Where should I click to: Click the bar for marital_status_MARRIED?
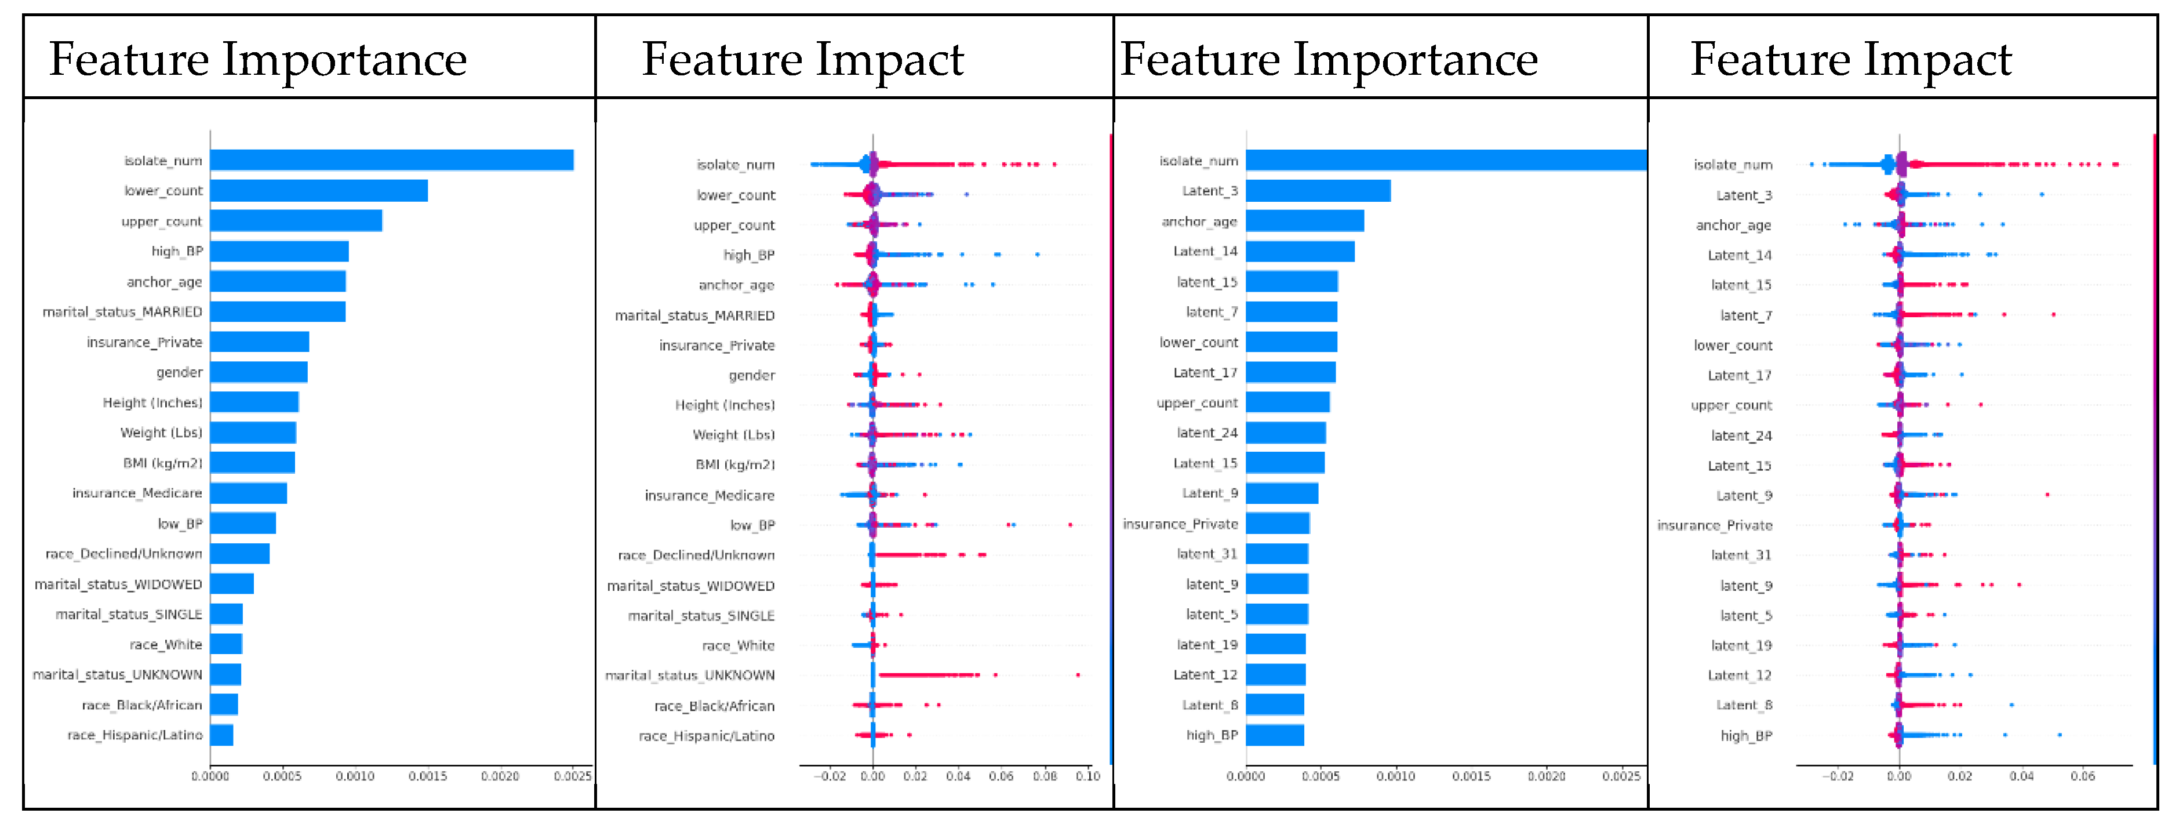click(278, 312)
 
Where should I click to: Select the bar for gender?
click(259, 372)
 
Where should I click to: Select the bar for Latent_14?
click(1300, 251)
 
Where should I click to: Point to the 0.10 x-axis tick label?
click(1089, 776)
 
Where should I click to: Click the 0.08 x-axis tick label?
click(1045, 776)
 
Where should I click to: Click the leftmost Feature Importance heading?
click(258, 59)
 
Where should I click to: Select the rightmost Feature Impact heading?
click(1851, 59)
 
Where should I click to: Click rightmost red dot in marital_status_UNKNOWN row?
click(1078, 675)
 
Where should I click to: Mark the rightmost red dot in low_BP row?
click(1070, 525)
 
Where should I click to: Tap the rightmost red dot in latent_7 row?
click(2053, 315)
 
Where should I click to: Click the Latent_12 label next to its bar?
click(1205, 675)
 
